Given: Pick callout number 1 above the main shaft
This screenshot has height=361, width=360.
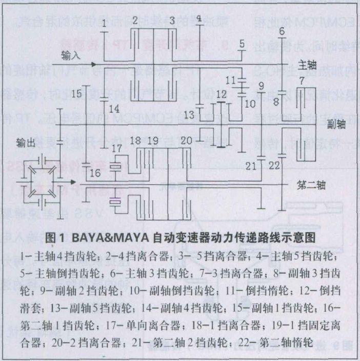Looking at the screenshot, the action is click(104, 23).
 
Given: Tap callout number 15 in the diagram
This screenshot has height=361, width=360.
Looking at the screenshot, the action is click(77, 94).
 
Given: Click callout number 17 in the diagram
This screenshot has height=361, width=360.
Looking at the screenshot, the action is click(117, 148).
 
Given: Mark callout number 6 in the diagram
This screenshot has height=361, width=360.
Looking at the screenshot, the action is click(282, 31).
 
